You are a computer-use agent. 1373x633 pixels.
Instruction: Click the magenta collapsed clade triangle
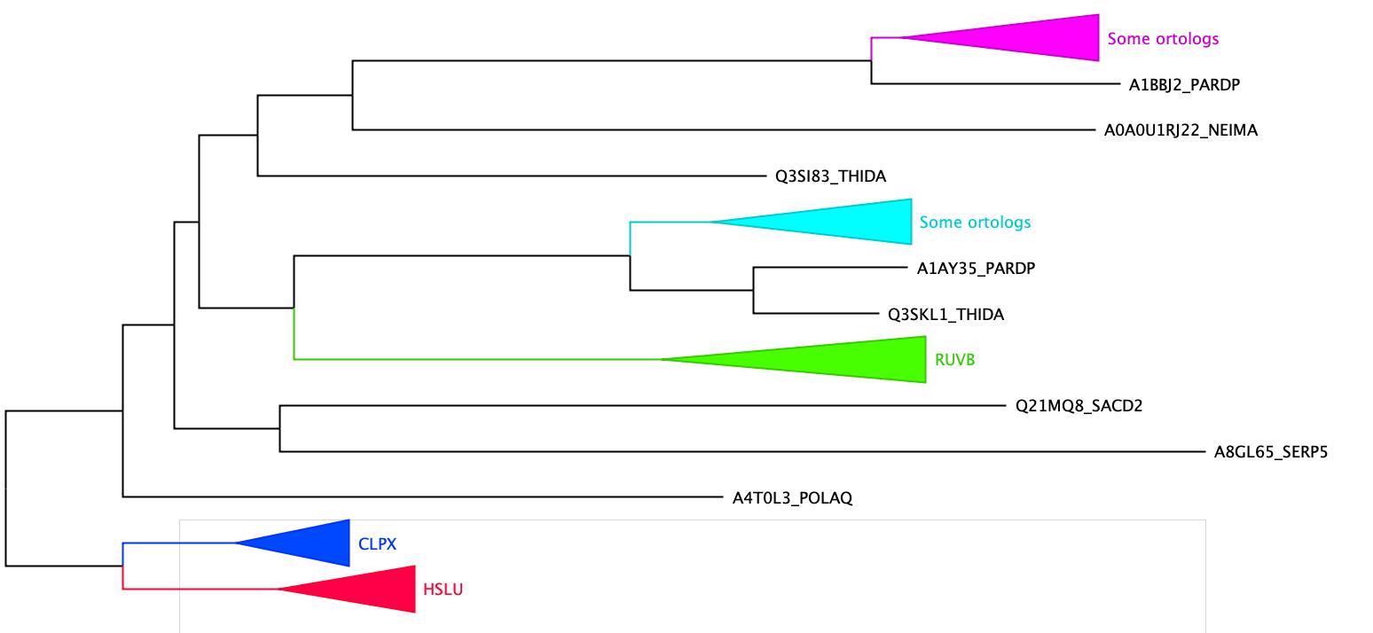[1030, 37]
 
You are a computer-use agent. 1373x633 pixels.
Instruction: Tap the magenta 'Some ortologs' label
[1163, 39]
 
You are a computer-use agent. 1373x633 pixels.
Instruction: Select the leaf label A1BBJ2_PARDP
[1184, 84]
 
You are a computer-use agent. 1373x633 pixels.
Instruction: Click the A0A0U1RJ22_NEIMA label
[1181, 130]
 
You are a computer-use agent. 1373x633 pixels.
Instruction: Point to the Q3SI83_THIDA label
[830, 176]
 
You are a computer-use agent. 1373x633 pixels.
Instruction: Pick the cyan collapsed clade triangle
[840, 222]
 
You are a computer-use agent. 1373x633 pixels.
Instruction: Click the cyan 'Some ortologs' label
[975, 222]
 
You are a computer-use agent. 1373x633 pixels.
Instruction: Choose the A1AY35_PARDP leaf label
[976, 269]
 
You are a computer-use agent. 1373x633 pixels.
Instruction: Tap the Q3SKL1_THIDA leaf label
[945, 315]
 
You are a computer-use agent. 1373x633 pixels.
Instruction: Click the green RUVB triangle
[852, 360]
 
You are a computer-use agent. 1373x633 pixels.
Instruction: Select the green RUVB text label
[954, 360]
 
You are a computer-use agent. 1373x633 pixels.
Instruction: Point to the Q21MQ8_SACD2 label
[1079, 406]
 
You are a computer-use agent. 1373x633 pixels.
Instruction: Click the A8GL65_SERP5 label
[1271, 452]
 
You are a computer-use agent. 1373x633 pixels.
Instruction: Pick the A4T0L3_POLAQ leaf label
[792, 498]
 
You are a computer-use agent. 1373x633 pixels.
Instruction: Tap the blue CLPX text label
[377, 544]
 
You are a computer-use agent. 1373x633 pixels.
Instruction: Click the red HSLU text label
[443, 590]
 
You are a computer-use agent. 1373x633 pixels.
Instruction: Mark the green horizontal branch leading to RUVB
[477, 359]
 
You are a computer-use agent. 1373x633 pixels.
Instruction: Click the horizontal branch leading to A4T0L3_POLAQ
[423, 497]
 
